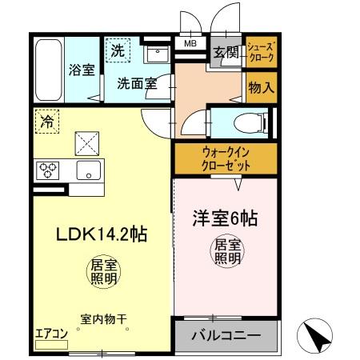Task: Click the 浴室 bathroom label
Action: click(81, 70)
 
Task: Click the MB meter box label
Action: click(190, 44)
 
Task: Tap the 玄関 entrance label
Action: click(225, 54)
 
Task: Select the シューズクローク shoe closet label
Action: click(261, 53)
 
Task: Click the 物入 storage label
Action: click(260, 86)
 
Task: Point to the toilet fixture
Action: click(244, 123)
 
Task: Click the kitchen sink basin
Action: click(87, 170)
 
